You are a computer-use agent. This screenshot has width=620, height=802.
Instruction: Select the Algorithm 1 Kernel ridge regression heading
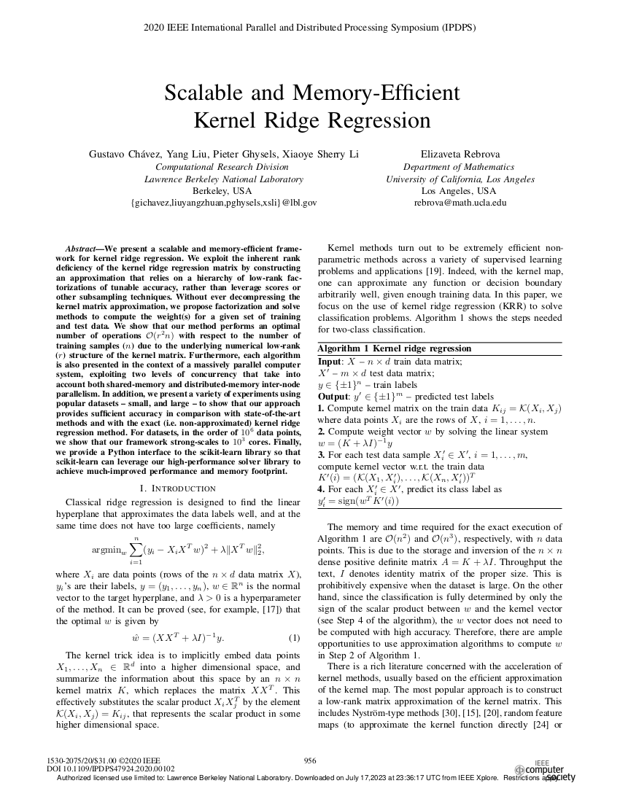coord(395,349)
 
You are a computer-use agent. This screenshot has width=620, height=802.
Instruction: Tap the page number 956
coord(309,760)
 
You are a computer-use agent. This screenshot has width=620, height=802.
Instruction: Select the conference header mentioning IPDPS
coord(310,28)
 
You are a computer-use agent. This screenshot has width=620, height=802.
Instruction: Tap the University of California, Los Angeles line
coord(460,179)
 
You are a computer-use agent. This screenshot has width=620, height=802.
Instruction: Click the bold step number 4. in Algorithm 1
coord(322,488)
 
